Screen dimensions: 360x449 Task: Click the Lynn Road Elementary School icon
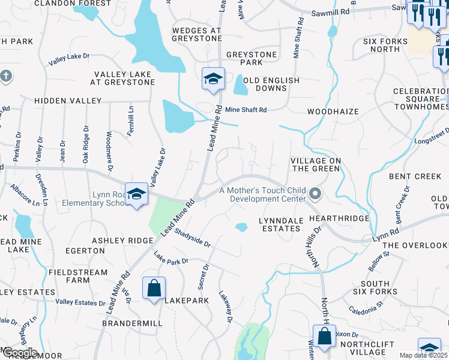137,194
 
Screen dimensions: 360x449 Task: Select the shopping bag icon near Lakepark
154,287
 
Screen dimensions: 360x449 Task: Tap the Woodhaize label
333,112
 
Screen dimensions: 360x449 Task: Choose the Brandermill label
132,323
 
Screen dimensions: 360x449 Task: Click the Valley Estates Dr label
80,302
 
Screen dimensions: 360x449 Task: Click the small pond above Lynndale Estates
241,227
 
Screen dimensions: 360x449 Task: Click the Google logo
20,353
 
